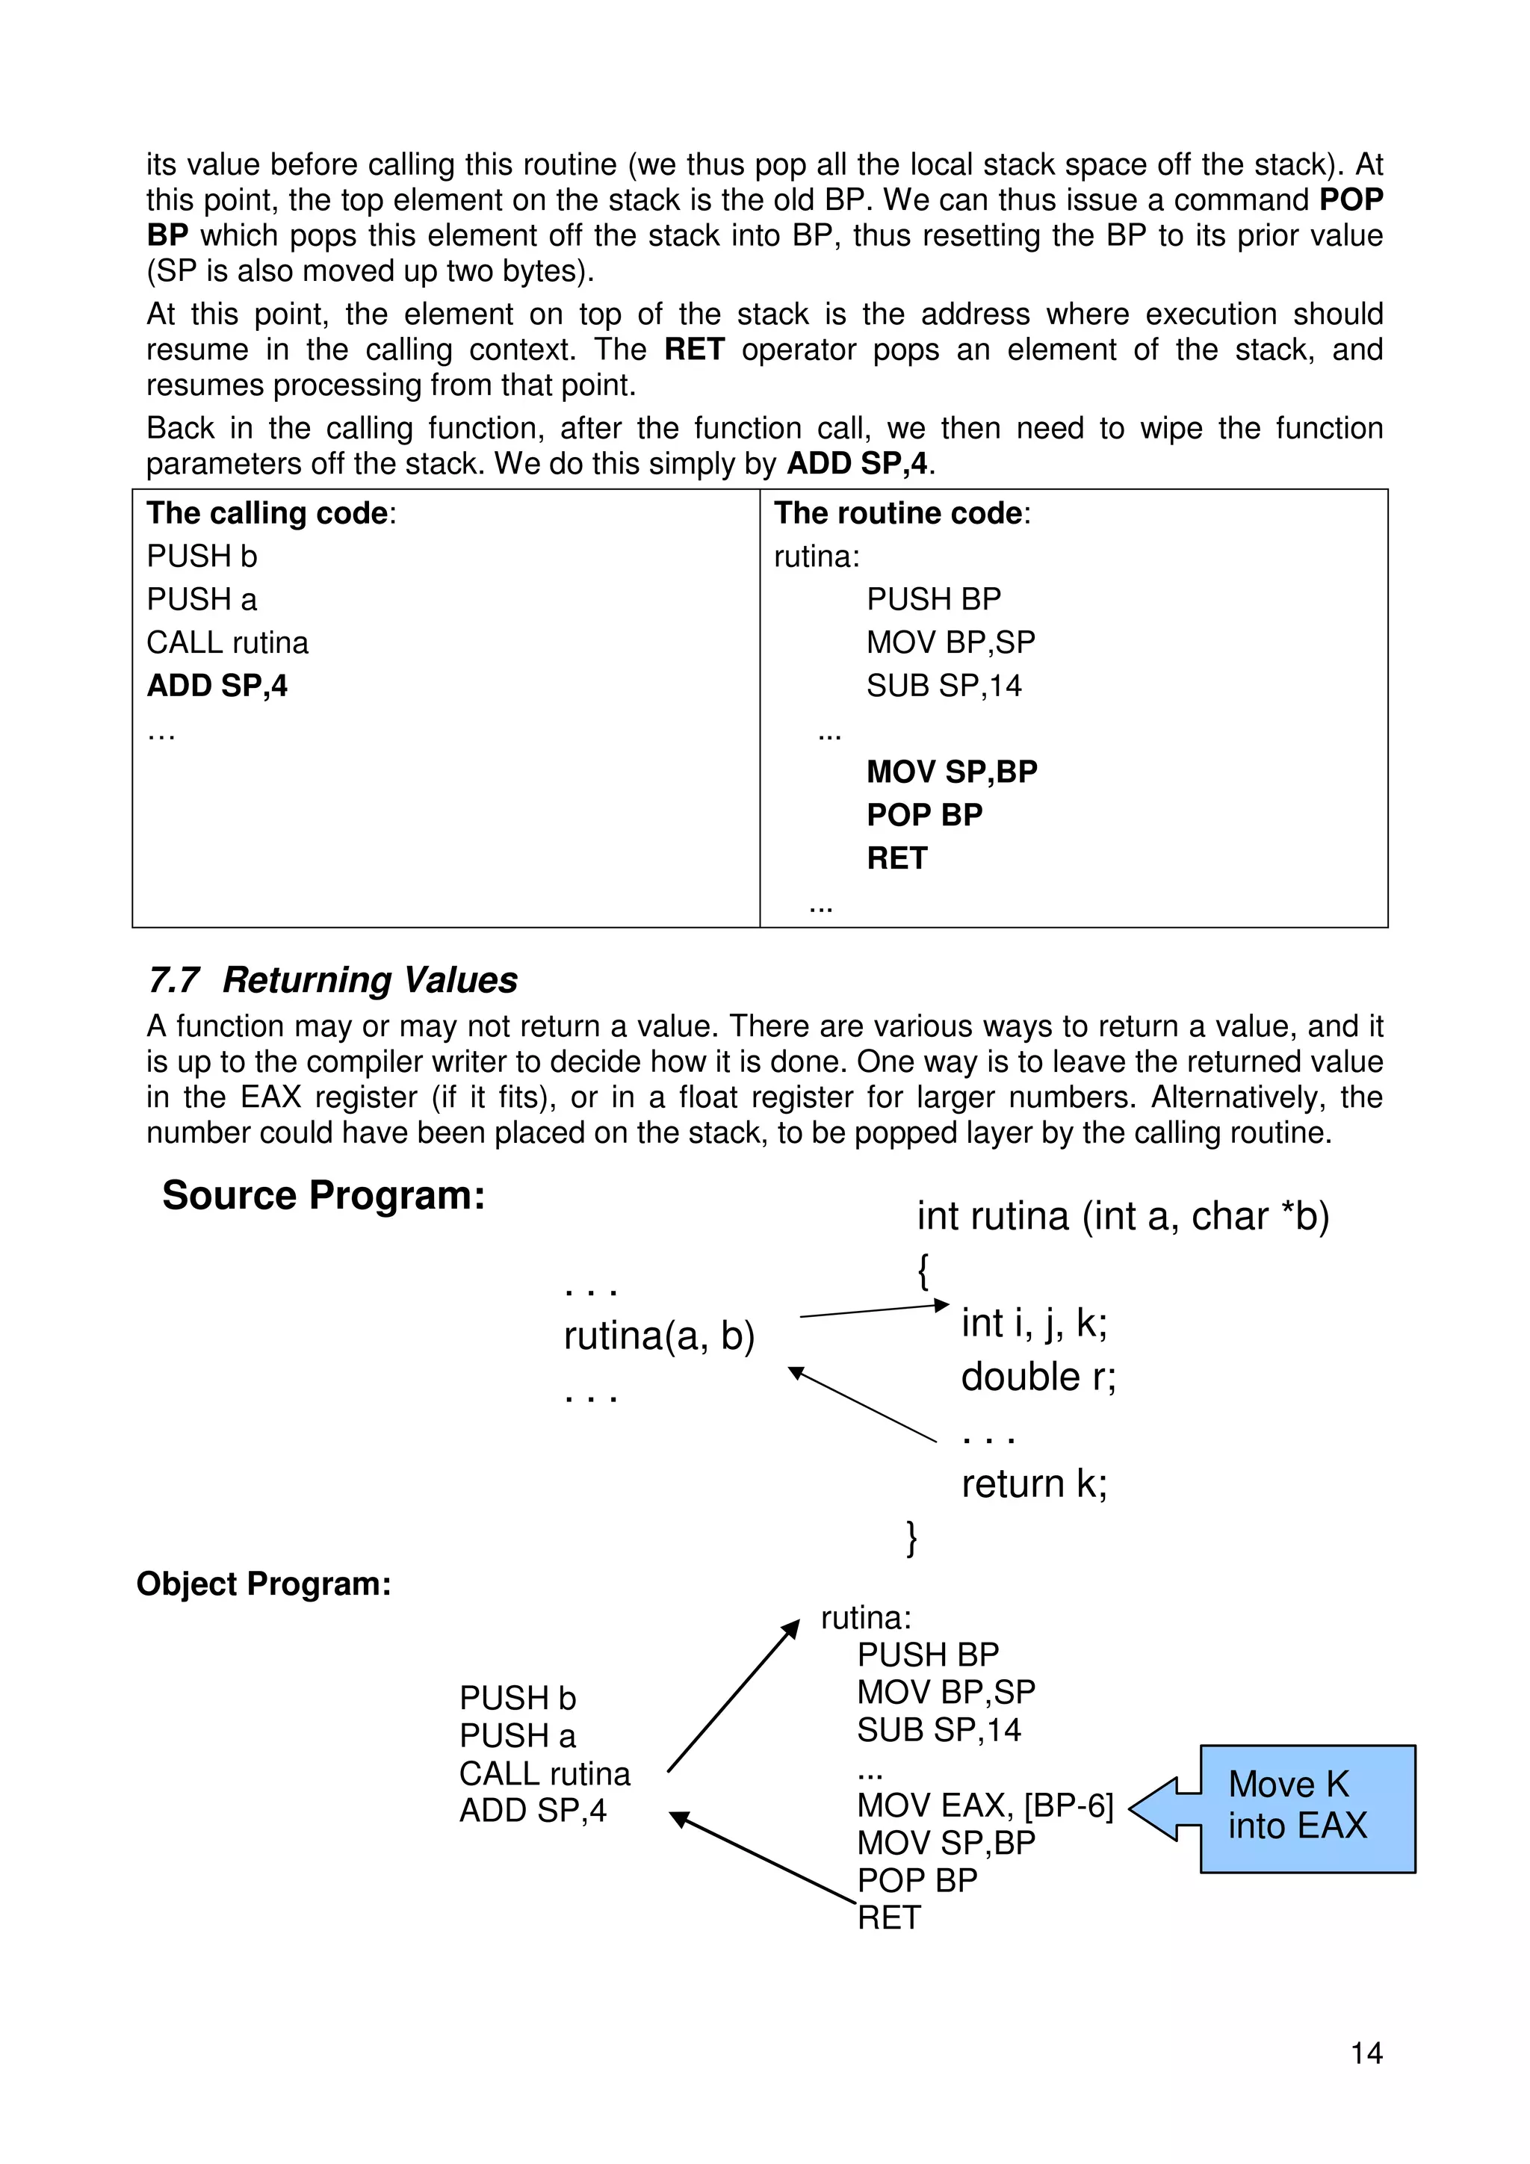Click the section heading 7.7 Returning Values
click(332, 980)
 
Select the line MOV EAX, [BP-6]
click(984, 1806)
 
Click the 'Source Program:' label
click(323, 1195)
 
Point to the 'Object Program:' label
click(263, 1584)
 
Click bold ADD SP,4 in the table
click(217, 686)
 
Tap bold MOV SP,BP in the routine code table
click(951, 772)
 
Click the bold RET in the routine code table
click(896, 858)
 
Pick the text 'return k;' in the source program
click(1034, 1484)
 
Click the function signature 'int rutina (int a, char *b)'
click(1123, 1216)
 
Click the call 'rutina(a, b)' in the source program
click(659, 1336)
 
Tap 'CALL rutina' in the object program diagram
click(544, 1774)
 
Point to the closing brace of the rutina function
click(911, 1537)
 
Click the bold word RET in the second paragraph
click(694, 350)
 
